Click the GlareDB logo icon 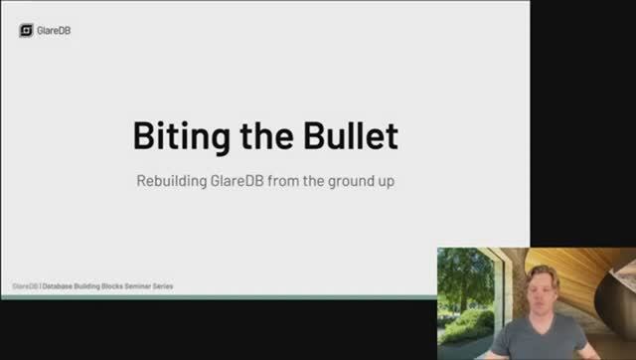(x=27, y=30)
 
